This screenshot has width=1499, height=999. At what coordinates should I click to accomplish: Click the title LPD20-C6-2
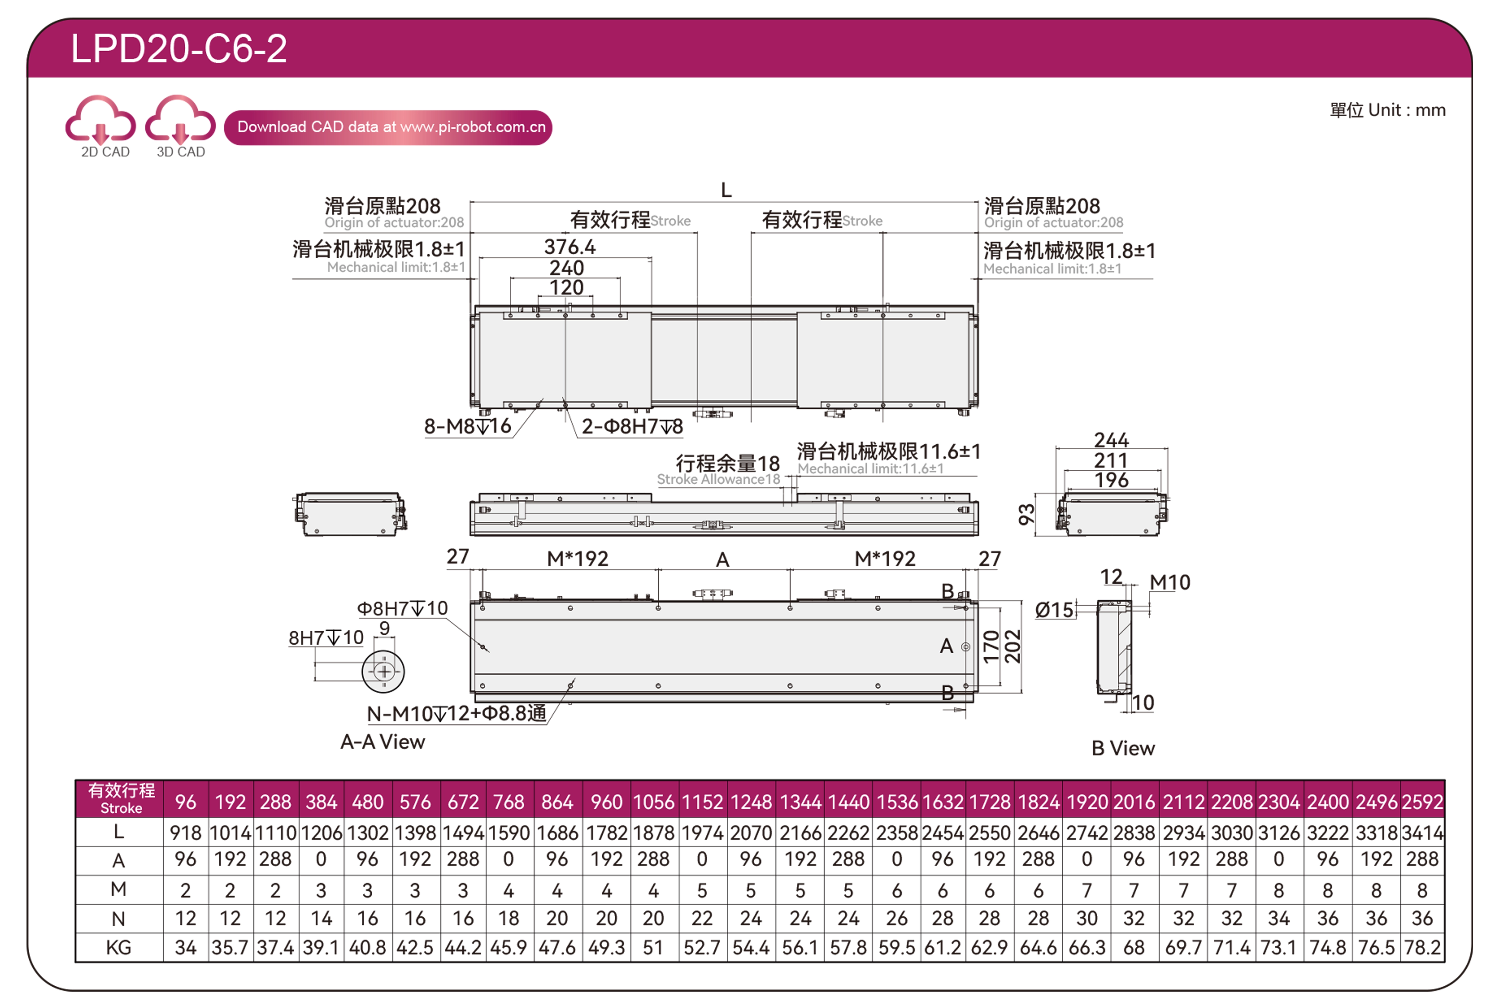pos(179,48)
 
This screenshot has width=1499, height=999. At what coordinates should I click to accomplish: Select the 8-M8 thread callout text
pos(468,426)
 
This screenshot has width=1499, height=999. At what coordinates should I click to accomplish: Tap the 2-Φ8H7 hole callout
pos(632,426)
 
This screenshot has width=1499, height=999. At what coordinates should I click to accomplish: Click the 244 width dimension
pos(1111,440)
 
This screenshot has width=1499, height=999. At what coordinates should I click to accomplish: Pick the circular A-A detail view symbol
pos(383,672)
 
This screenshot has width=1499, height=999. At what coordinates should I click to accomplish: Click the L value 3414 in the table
pos(1422,833)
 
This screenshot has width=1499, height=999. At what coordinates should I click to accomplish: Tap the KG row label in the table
pos(118,947)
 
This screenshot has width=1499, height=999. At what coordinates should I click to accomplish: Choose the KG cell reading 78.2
pos(1422,947)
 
